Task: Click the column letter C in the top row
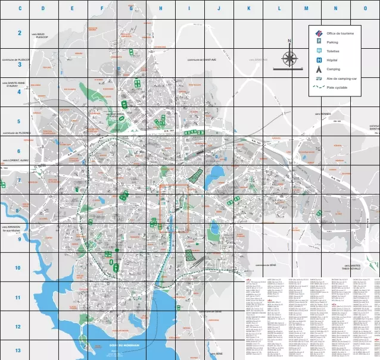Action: pyautogui.click(x=20, y=8)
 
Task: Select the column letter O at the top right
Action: pyautogui.click(x=365, y=8)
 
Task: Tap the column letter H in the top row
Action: pyautogui.click(x=161, y=8)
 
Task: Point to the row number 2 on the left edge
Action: pyautogui.click(x=18, y=34)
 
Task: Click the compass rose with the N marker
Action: pyautogui.click(x=290, y=58)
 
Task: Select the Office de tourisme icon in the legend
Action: pyautogui.click(x=319, y=33)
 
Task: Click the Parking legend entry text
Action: pyautogui.click(x=332, y=42)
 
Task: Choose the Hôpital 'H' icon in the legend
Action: pyautogui.click(x=319, y=60)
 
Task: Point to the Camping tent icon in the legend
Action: pyautogui.click(x=319, y=69)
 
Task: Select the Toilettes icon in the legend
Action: pyautogui.click(x=319, y=51)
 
